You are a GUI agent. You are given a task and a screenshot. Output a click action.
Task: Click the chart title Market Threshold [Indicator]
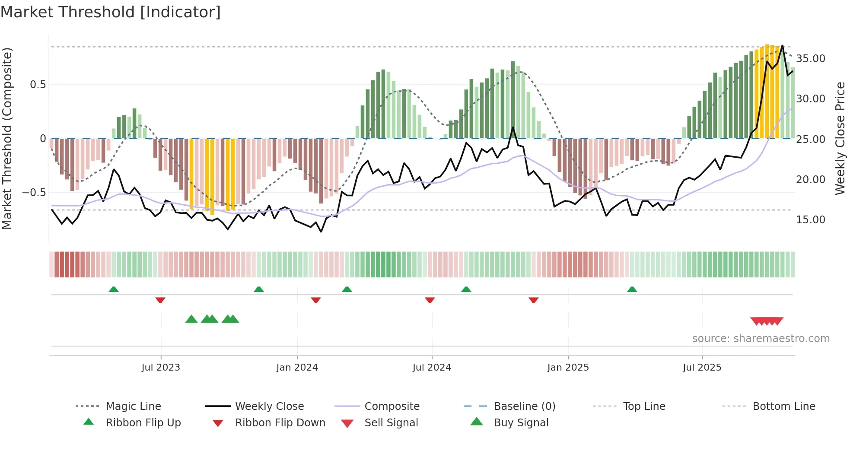click(111, 12)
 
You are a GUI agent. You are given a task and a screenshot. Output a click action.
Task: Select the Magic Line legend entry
click(133, 406)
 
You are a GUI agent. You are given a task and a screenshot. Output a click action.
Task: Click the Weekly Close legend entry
click(269, 406)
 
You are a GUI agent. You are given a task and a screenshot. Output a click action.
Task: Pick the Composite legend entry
click(392, 406)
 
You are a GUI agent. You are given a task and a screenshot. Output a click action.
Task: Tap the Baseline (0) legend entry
click(524, 406)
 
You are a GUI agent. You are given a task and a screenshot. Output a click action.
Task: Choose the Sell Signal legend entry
click(391, 423)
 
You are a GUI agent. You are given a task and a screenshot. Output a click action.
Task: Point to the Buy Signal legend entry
click(521, 423)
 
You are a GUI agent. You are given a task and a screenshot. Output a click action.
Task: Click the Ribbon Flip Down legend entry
click(280, 423)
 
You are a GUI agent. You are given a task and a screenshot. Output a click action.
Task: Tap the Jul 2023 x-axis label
click(161, 368)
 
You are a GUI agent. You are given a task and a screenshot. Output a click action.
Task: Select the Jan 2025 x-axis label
click(568, 368)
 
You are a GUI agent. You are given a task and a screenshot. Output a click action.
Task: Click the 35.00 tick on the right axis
click(811, 59)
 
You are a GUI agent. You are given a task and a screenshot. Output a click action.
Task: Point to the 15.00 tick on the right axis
click(811, 220)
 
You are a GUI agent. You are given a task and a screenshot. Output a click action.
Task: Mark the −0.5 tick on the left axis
click(34, 193)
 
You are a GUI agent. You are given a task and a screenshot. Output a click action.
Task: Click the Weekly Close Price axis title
click(840, 138)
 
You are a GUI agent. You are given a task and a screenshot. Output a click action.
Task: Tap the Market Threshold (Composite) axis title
click(7, 138)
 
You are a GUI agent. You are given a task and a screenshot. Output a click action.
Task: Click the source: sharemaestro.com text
click(761, 339)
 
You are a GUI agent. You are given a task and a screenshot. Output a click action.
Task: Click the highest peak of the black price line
click(782, 46)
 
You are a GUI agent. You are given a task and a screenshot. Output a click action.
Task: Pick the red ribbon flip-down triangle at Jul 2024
click(430, 300)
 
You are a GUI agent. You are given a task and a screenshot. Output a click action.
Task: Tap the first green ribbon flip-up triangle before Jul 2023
click(114, 289)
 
